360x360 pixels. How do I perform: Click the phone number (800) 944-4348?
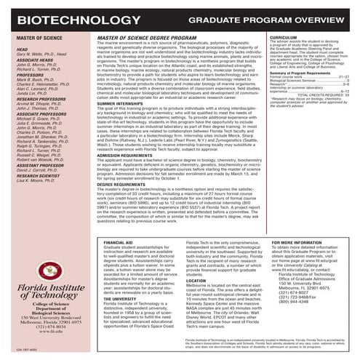point(304,281)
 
